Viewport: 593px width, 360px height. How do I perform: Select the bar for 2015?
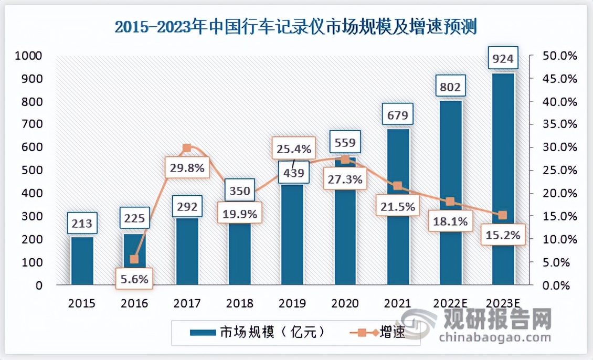tap(82, 261)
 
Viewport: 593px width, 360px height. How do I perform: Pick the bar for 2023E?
tap(503, 179)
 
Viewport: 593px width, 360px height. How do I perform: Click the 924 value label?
tap(503, 58)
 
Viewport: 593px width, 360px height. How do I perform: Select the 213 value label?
tap(82, 224)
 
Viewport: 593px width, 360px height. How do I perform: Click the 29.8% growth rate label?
tap(187, 168)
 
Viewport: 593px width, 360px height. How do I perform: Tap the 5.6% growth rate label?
tap(135, 279)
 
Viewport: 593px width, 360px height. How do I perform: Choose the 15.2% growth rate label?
tap(503, 236)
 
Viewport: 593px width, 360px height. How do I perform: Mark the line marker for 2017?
tap(187, 149)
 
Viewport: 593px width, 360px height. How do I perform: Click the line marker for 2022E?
tap(450, 202)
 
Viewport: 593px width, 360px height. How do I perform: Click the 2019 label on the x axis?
tap(292, 303)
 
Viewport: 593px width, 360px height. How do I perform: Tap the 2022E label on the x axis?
tap(450, 303)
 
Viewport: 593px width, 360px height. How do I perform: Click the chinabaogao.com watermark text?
tap(495, 336)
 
